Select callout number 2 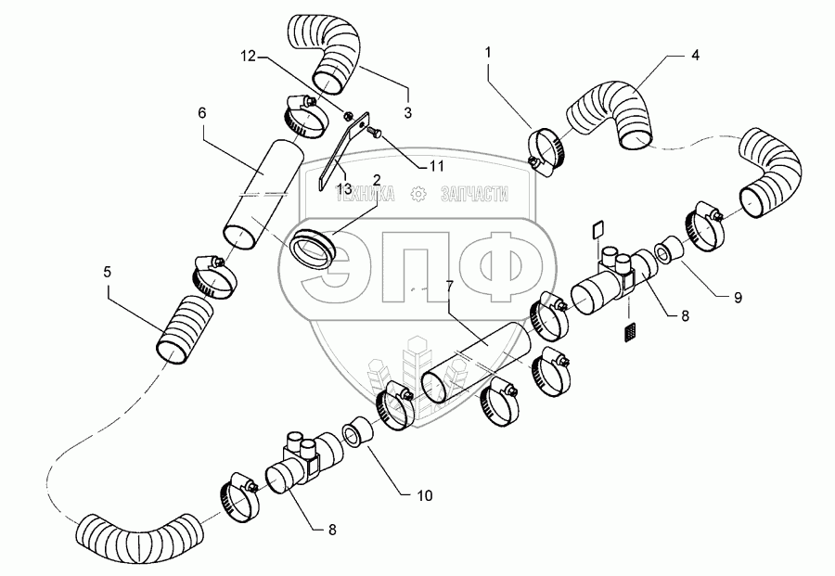(x=378, y=179)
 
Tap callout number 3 (x=407, y=112)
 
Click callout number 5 (x=108, y=273)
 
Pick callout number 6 (x=202, y=112)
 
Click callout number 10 (x=424, y=496)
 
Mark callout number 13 (x=343, y=187)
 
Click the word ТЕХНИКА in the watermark (x=366, y=193)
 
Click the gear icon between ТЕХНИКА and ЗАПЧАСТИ (x=418, y=193)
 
